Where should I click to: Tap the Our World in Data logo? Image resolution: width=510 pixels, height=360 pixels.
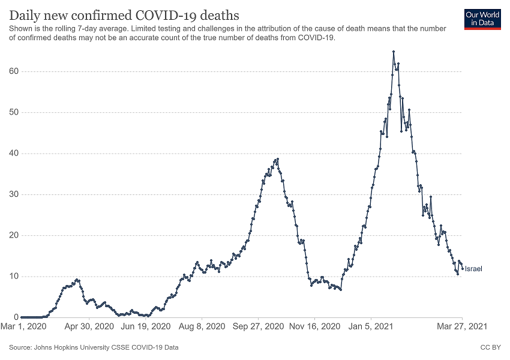[x=482, y=19]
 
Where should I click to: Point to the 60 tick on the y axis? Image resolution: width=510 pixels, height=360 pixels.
[x=13, y=71]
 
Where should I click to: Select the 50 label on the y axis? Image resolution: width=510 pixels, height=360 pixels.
[x=13, y=112]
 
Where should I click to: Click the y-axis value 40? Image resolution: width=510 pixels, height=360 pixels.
[x=13, y=154]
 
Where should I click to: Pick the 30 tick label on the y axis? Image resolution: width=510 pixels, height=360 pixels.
[x=13, y=194]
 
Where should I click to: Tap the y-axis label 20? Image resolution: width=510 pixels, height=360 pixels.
[x=13, y=235]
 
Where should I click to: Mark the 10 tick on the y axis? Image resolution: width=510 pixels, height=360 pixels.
[x=13, y=277]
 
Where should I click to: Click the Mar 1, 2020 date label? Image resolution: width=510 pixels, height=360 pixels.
[x=25, y=327]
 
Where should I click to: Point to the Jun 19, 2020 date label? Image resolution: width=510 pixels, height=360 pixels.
[x=146, y=327]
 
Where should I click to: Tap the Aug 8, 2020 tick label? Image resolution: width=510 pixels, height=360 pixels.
[x=203, y=327]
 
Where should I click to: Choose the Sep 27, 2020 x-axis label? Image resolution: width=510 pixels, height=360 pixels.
[x=259, y=327]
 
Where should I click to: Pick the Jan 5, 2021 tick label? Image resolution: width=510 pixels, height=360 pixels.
[x=371, y=327]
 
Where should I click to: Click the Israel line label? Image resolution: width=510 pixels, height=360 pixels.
[x=473, y=269]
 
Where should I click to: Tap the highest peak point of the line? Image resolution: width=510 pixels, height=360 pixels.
[x=394, y=52]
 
